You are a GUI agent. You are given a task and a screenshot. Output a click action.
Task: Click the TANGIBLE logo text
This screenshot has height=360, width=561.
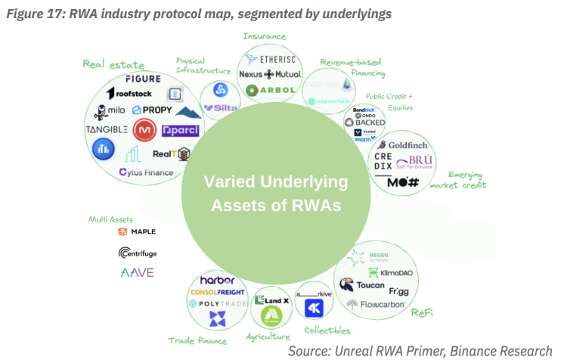click(x=106, y=129)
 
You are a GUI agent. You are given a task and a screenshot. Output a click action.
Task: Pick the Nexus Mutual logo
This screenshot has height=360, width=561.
click(x=270, y=74)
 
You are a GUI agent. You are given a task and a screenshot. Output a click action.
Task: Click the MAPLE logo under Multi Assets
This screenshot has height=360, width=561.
click(x=138, y=232)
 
